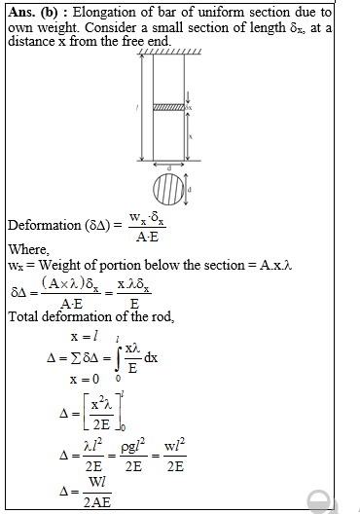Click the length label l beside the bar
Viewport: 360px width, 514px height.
[x=132, y=104]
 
